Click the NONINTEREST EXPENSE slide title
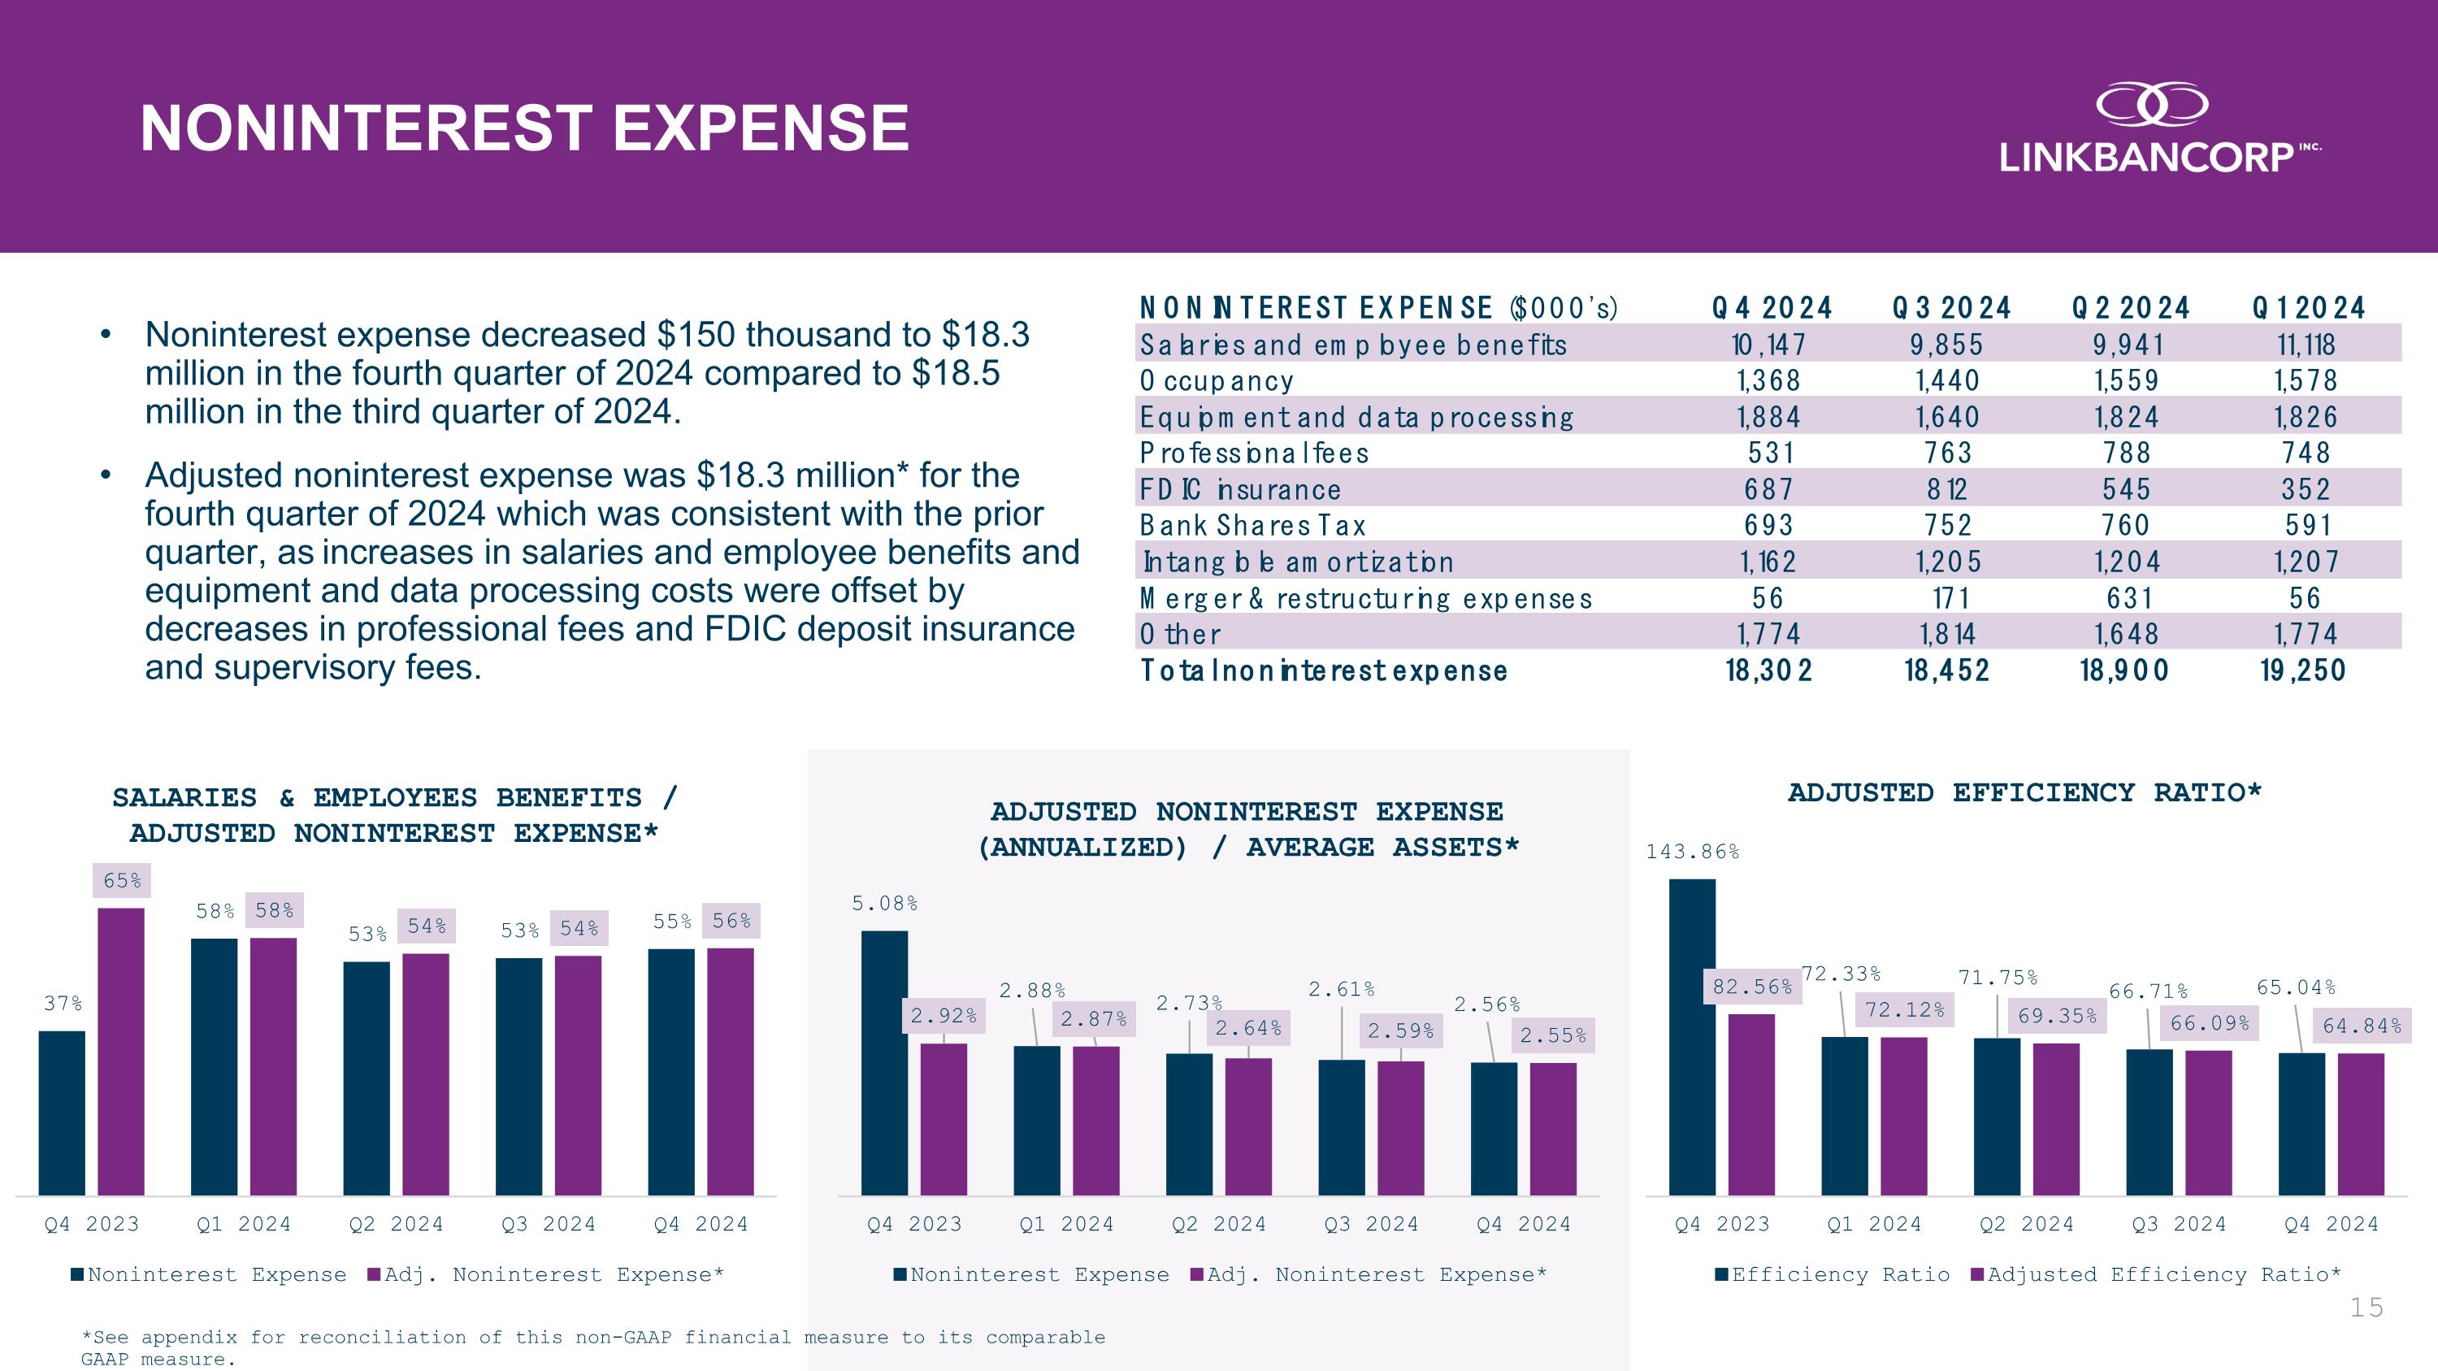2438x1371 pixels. point(524,128)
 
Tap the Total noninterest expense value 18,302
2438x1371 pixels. point(1768,670)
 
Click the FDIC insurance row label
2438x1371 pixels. point(1240,489)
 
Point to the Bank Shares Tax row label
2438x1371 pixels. point(1252,525)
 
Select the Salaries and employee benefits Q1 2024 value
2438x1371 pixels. point(2306,345)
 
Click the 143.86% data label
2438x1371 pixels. point(1692,852)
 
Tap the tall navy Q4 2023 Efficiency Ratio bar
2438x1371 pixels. point(1692,1036)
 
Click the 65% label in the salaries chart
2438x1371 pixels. point(122,881)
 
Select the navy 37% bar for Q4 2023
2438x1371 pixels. point(63,1112)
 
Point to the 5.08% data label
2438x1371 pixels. point(884,904)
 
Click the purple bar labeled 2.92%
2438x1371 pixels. point(944,1118)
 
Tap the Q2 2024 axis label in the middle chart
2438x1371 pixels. point(1218,1225)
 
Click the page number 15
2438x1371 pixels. point(2366,1308)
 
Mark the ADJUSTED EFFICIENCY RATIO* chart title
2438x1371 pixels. point(2024,793)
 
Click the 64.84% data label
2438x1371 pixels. point(2362,1026)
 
